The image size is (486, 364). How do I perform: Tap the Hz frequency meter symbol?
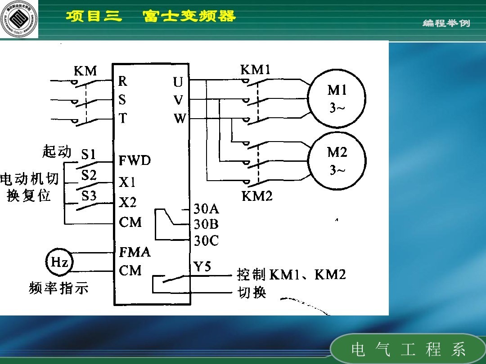pos(59,262)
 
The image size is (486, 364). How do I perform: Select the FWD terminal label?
pos(135,161)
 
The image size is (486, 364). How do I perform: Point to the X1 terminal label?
pos(127,182)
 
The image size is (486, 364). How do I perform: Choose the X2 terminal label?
pos(128,203)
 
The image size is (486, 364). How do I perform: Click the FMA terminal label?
pos(135,252)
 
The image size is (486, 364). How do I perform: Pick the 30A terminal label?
pos(206,209)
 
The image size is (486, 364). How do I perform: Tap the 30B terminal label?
pos(206,224)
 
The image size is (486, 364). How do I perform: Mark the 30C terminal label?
pos(206,241)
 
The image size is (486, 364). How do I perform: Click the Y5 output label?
pos(202,267)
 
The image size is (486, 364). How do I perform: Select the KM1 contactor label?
pos(255,70)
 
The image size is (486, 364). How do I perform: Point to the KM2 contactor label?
pos(257,196)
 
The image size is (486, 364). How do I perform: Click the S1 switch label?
pos(89,155)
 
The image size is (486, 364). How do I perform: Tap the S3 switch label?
pos(89,196)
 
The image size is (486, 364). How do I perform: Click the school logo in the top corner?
pos(19,19)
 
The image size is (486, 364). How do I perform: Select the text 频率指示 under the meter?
pos(58,288)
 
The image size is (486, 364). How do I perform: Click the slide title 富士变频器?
pos(189,17)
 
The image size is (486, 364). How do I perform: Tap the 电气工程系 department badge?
pos(408,349)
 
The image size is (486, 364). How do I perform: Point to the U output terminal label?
pos(178,82)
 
